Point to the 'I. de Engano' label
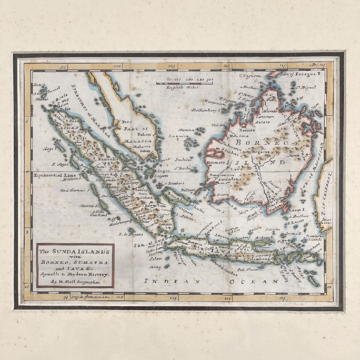pos(127,234)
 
